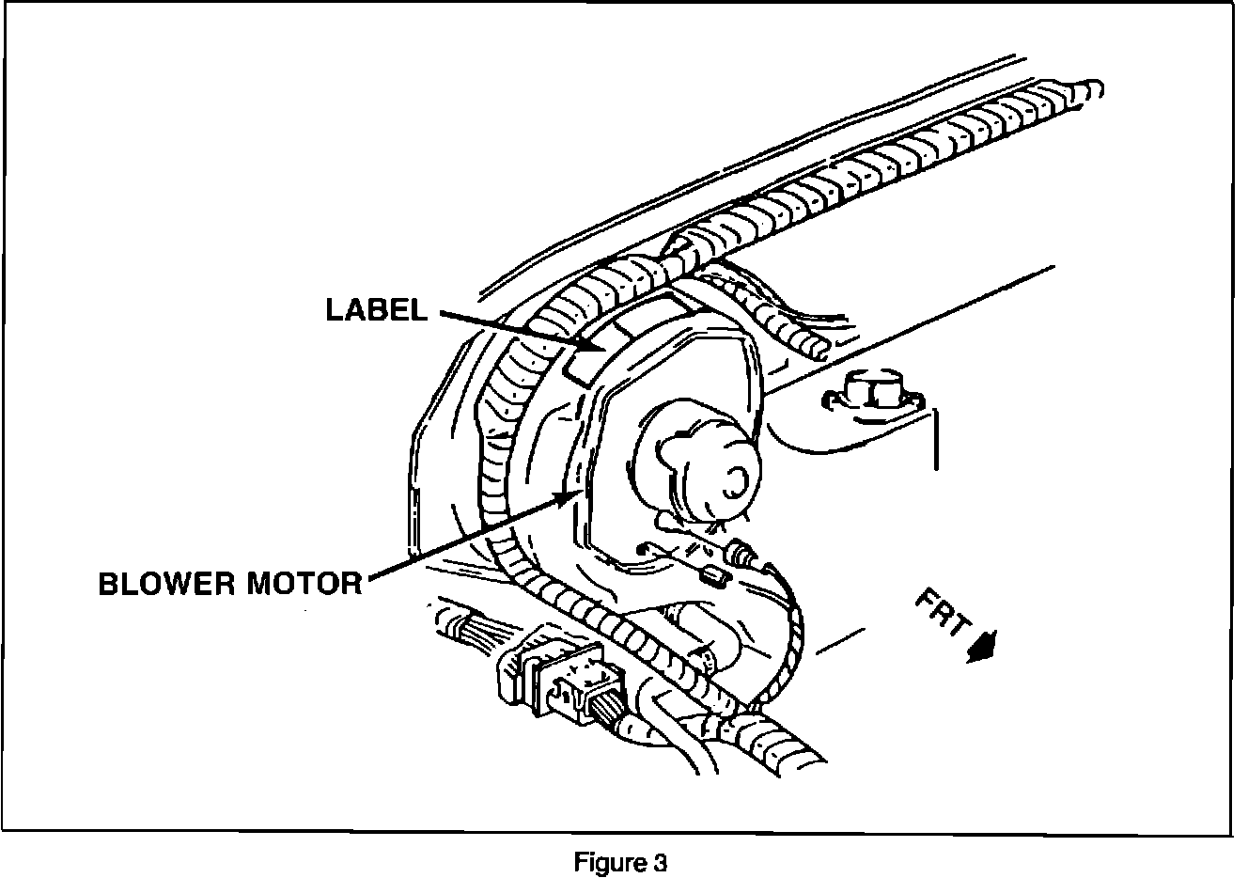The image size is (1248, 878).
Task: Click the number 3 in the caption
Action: coord(661,863)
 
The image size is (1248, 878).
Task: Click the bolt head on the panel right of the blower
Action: coord(869,387)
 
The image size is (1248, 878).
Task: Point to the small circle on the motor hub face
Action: coord(730,483)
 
